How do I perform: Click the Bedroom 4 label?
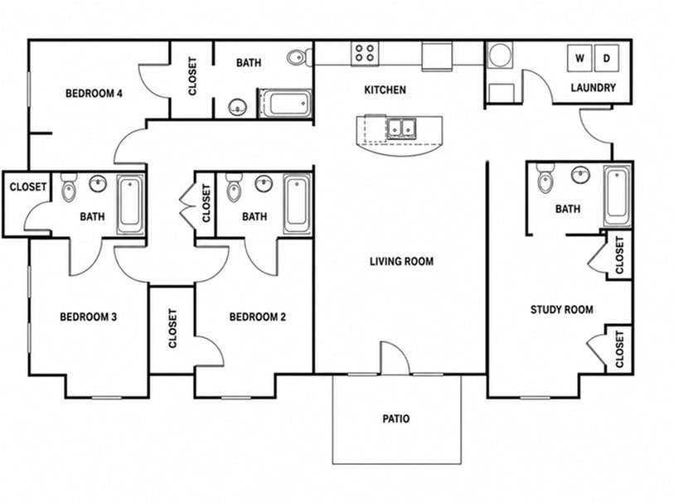[x=94, y=93]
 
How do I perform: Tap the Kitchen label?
[x=385, y=89]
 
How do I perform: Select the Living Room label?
[x=401, y=261]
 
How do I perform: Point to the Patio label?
[x=396, y=418]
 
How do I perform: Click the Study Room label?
[x=561, y=310]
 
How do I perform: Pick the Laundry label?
[x=594, y=88]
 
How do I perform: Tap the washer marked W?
[x=579, y=58]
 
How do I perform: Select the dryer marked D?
[x=607, y=58]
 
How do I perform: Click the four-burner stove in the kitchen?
[x=365, y=53]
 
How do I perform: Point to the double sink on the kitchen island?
[x=401, y=128]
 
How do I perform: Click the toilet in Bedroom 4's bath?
[x=298, y=57]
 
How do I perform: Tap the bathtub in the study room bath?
[x=618, y=196]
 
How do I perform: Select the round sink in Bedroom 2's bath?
[x=264, y=184]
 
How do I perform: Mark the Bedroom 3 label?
[x=88, y=317]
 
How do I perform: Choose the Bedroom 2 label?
[x=258, y=317]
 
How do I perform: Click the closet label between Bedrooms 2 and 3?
[x=172, y=328]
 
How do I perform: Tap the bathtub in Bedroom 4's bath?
[x=284, y=103]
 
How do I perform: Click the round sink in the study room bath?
[x=580, y=174]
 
